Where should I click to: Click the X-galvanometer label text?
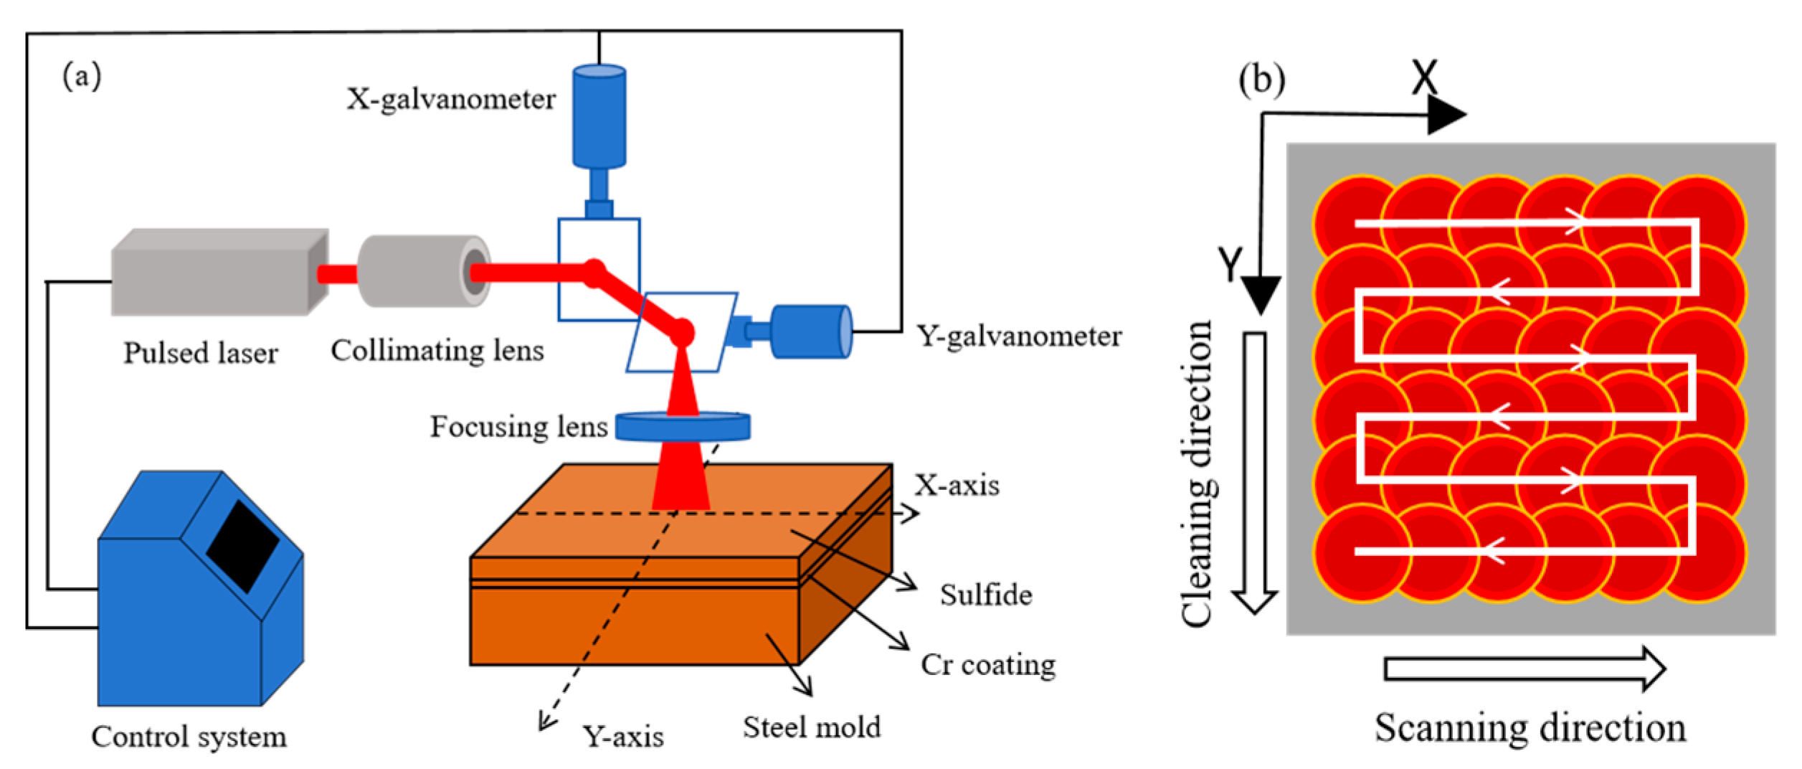pyautogui.click(x=451, y=99)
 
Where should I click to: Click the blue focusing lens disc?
pyautogui.click(x=683, y=426)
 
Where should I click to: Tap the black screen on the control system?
pyautogui.click(x=242, y=546)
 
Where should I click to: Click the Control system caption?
pyautogui.click(x=189, y=737)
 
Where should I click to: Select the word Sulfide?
pyautogui.click(x=986, y=595)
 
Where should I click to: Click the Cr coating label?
pyautogui.click(x=988, y=665)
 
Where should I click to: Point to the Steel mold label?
pyautogui.click(x=811, y=727)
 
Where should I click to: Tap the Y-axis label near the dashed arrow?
pyautogui.click(x=622, y=737)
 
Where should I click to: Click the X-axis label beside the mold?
pyautogui.click(x=957, y=486)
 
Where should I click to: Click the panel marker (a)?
pyautogui.click(x=82, y=75)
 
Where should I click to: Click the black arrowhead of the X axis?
pyautogui.click(x=1444, y=115)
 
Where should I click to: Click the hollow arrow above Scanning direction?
pyautogui.click(x=1524, y=669)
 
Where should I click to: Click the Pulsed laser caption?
pyautogui.click(x=201, y=353)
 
